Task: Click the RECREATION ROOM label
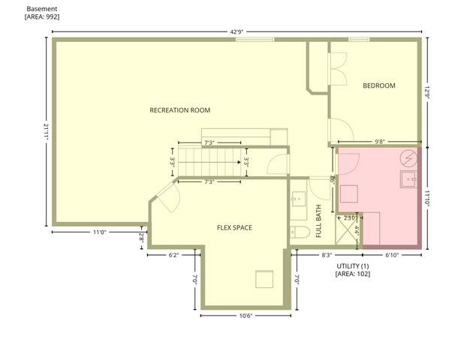179,110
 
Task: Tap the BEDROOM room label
378,85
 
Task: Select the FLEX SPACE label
234,227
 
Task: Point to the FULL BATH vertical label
319,221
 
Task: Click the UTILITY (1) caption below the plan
352,266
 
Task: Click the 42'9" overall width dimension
237,31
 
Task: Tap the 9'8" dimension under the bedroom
379,141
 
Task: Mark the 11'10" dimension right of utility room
426,197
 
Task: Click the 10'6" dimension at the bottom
245,316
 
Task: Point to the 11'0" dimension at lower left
99,232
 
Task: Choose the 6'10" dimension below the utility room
391,255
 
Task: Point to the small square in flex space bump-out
264,279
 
